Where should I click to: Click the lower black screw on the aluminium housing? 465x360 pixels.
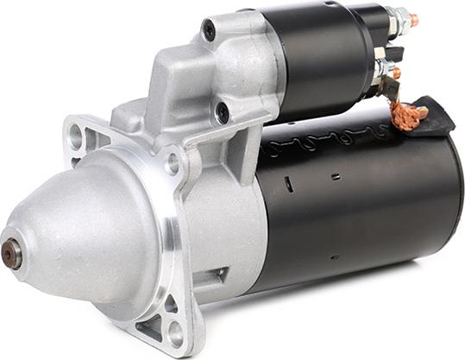223,111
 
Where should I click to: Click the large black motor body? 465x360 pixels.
362,199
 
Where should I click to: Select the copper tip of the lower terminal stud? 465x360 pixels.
396,73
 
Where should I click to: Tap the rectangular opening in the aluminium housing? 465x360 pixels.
212,276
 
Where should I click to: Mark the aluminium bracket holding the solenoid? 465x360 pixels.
198,69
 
